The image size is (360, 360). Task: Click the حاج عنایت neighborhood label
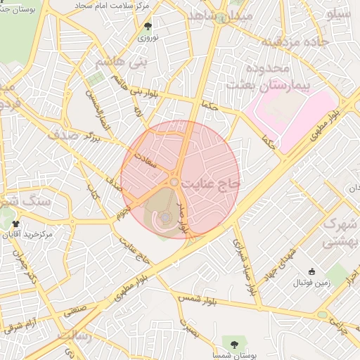click(x=211, y=183)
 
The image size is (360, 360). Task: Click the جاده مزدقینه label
click(x=295, y=42)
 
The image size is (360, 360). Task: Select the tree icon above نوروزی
click(x=148, y=26)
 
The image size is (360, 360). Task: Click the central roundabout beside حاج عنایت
click(x=173, y=183)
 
